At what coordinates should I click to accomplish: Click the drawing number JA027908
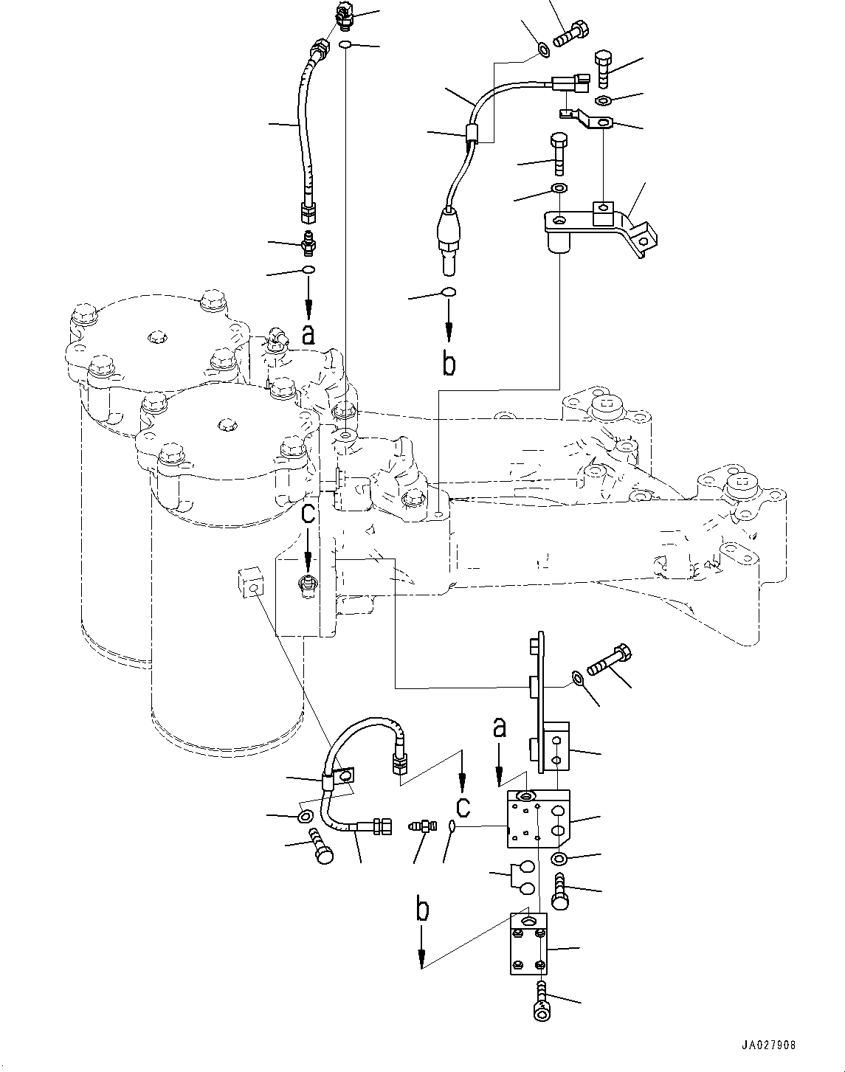[x=768, y=1045]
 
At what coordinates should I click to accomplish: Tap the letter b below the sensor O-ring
[x=449, y=363]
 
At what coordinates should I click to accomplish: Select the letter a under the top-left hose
[x=308, y=336]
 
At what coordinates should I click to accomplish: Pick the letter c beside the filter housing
[x=308, y=511]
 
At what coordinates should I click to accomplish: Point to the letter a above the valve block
[x=500, y=729]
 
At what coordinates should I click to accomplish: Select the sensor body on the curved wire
[x=448, y=232]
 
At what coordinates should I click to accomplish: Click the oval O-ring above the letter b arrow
[x=448, y=293]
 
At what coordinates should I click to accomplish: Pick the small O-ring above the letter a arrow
[x=308, y=271]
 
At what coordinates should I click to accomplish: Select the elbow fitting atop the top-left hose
[x=344, y=13]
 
